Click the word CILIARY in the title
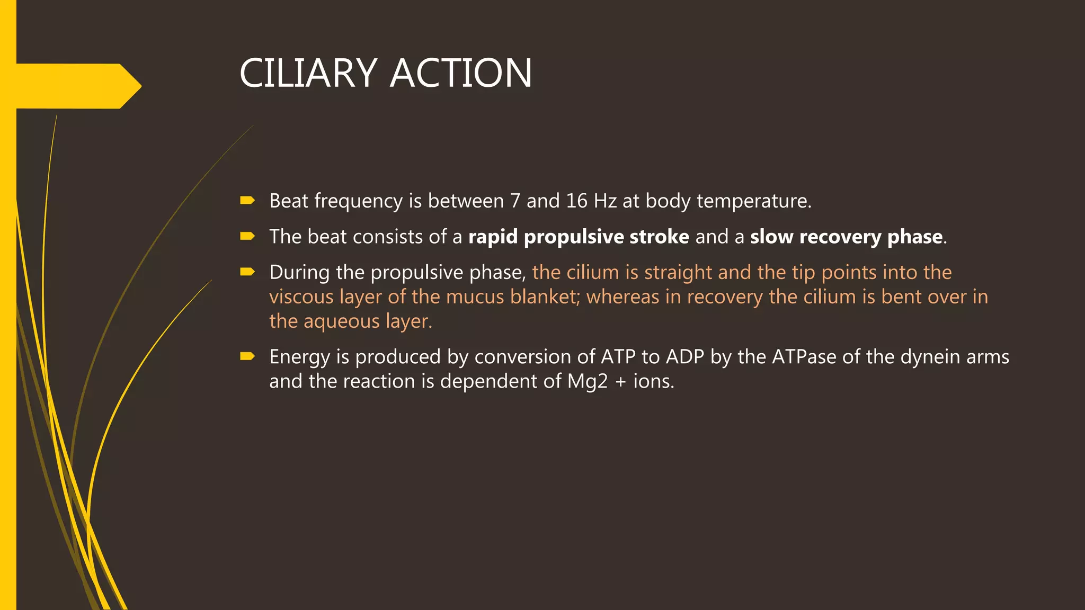[308, 73]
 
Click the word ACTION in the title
[461, 73]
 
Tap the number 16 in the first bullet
[576, 201]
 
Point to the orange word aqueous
[342, 321]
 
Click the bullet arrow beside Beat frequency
[247, 200]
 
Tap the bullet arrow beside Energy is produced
[247, 356]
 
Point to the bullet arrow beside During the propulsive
[247, 272]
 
